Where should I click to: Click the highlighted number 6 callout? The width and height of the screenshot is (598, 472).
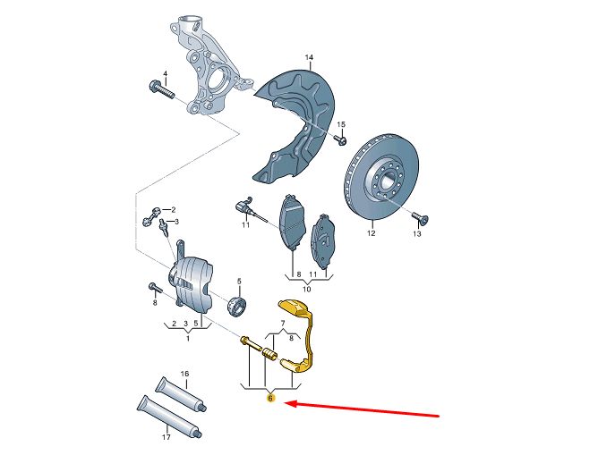pyautogui.click(x=270, y=399)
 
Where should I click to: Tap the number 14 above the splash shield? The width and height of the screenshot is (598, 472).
pyautogui.click(x=309, y=57)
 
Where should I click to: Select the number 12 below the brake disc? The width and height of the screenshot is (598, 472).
pyautogui.click(x=372, y=233)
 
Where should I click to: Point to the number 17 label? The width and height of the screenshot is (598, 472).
pyautogui.click(x=166, y=437)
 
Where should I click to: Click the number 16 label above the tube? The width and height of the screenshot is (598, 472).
pyautogui.click(x=184, y=374)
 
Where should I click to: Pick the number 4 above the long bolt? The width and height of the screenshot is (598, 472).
pyautogui.click(x=165, y=73)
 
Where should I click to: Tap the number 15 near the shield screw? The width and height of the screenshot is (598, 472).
pyautogui.click(x=341, y=124)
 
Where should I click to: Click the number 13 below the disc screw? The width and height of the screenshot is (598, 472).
pyautogui.click(x=417, y=233)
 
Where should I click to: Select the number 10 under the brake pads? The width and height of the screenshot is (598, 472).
pyautogui.click(x=307, y=289)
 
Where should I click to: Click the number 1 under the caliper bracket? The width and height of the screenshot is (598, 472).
pyautogui.click(x=188, y=338)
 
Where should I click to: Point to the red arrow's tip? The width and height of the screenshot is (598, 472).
pyautogui.click(x=285, y=403)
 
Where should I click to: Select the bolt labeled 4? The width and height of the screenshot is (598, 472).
pyautogui.click(x=162, y=89)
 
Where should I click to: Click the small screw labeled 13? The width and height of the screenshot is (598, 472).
pyautogui.click(x=421, y=217)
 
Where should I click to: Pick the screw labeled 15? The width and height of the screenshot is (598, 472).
pyautogui.click(x=340, y=139)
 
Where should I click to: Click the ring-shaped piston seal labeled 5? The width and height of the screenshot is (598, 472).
pyautogui.click(x=237, y=306)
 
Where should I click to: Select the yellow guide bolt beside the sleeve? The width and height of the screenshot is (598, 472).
pyautogui.click(x=251, y=342)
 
